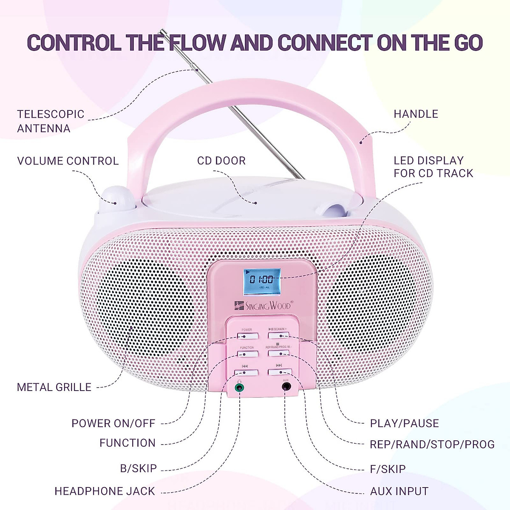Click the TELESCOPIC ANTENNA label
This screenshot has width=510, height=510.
coord(51,121)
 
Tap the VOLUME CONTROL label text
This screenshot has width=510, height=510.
coord(68,161)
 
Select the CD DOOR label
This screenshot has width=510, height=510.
coord(221,161)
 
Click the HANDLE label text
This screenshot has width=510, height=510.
coord(416,114)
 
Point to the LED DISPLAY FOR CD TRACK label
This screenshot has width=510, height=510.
coord(433,167)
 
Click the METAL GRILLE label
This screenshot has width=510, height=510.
coord(54,387)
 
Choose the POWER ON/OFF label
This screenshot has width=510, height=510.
coord(113,423)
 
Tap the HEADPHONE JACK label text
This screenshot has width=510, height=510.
coord(105,491)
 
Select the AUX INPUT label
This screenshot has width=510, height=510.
coord(399,491)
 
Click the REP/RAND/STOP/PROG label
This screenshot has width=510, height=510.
coord(432,445)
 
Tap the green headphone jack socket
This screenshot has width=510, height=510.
coord(240,387)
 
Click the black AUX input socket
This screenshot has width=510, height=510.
coord(287,386)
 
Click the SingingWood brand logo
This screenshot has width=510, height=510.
coord(263,305)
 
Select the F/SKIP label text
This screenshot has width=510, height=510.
coord(388,469)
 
